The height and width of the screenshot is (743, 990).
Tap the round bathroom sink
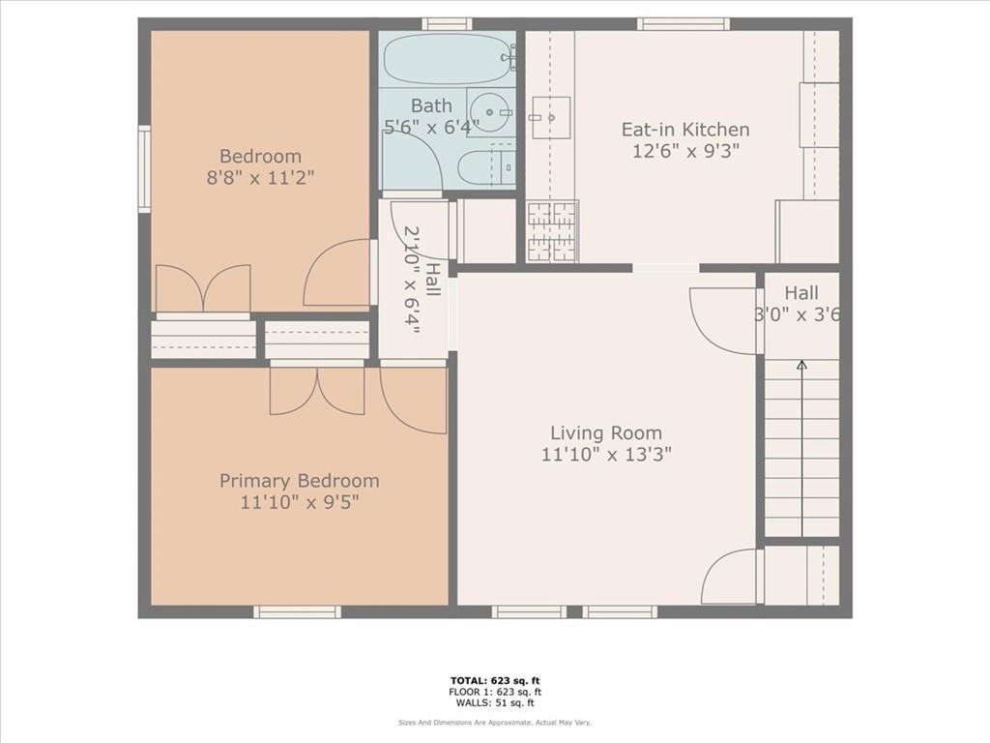[491, 112]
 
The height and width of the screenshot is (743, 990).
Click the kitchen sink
[550, 117]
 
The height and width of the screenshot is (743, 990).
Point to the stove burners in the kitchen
[553, 231]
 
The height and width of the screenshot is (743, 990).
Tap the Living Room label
[606, 432]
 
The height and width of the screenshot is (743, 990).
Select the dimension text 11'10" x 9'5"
[300, 502]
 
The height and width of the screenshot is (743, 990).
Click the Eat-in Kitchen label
[685, 130]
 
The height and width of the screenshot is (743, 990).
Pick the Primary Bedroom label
[300, 481]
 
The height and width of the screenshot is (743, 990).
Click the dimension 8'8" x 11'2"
[260, 178]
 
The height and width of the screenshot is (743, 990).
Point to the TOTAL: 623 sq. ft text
[495, 680]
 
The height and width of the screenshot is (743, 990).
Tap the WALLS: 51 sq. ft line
[495, 702]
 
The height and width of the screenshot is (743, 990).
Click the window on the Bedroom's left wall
[145, 168]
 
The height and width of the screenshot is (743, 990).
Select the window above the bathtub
[447, 24]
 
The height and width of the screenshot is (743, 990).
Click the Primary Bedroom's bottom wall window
[298, 611]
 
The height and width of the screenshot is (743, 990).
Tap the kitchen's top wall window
[684, 24]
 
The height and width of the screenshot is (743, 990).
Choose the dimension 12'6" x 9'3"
[685, 151]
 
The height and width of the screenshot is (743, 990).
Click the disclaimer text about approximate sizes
[495, 722]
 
